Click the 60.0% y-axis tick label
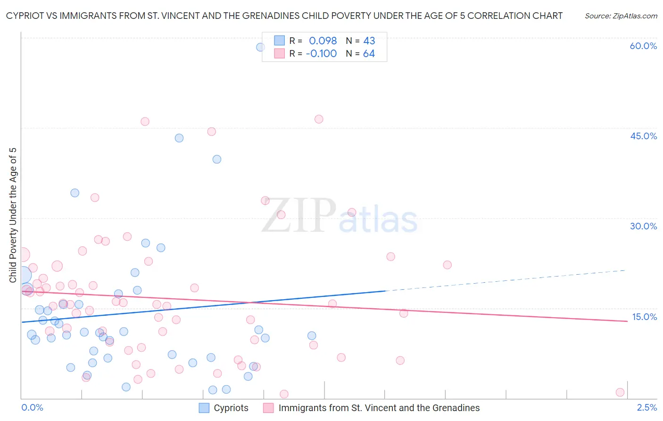click(x=643, y=46)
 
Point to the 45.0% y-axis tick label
click(x=643, y=136)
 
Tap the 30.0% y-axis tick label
click(x=643, y=227)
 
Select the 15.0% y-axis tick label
click(x=644, y=317)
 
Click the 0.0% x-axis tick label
click(x=32, y=408)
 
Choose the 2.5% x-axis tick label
click(x=647, y=408)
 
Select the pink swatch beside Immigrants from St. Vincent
click(x=268, y=408)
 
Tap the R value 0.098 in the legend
click(x=323, y=41)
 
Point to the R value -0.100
click(x=321, y=54)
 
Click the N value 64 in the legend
click(x=369, y=54)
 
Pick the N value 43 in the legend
click(x=369, y=41)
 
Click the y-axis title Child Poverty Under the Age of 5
click(x=13, y=215)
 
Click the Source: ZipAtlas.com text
click(x=621, y=16)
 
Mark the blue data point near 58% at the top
click(x=260, y=47)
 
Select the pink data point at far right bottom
click(x=620, y=392)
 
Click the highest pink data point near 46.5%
click(x=319, y=119)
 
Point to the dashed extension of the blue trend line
click(x=505, y=280)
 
